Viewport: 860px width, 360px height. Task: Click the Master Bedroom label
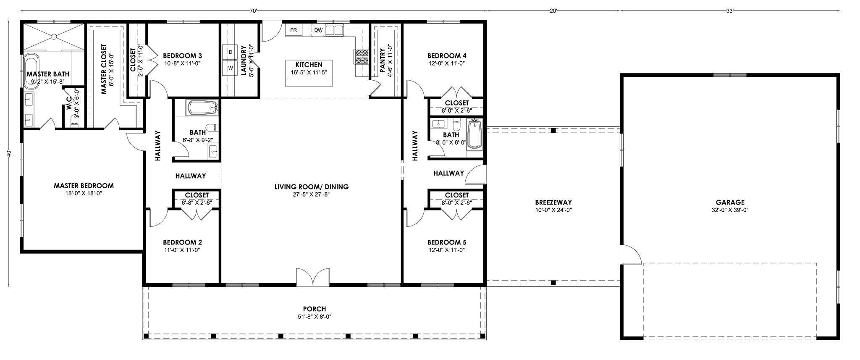(x=84, y=186)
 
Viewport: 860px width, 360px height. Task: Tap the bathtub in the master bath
(x=31, y=71)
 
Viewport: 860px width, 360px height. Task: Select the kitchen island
(x=309, y=73)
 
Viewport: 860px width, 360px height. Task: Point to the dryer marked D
(x=231, y=52)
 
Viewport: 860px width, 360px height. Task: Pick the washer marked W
(x=231, y=68)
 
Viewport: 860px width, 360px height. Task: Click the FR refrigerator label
(x=294, y=30)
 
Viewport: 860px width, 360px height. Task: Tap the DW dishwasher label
(x=318, y=30)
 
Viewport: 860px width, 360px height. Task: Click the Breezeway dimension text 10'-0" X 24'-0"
(x=553, y=210)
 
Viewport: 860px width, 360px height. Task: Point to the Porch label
(x=316, y=309)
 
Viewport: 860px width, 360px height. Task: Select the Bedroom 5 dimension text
(x=447, y=250)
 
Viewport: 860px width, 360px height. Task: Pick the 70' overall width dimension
(x=253, y=11)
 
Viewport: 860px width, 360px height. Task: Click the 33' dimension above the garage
(x=730, y=11)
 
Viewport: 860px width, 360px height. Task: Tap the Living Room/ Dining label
(x=312, y=187)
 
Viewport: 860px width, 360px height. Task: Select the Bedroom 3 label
(x=183, y=55)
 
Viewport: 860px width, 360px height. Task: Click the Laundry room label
(x=244, y=60)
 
